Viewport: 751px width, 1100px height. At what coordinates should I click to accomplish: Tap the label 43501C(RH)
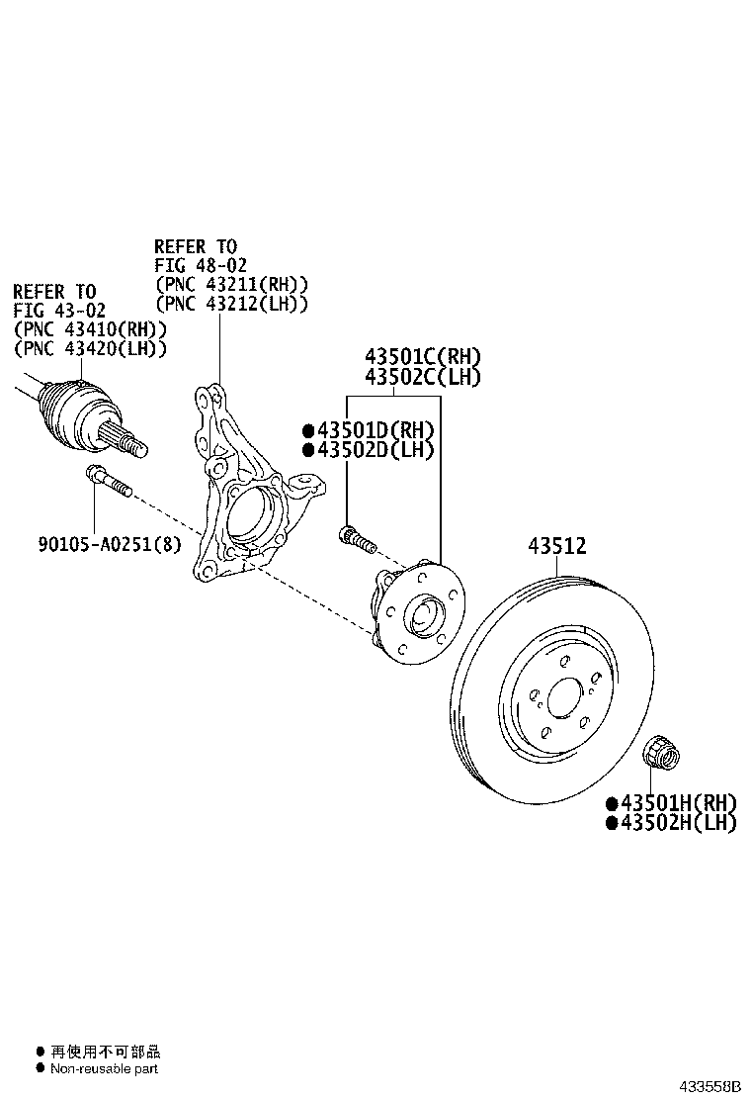pyautogui.click(x=422, y=356)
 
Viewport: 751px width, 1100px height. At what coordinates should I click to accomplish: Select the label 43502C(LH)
pyautogui.click(x=422, y=376)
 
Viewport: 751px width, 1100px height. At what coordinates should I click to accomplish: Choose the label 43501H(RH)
pyautogui.click(x=677, y=802)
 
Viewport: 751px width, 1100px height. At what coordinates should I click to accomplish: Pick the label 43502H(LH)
pyautogui.click(x=677, y=822)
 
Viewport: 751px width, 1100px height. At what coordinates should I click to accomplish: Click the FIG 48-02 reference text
pyautogui.click(x=196, y=265)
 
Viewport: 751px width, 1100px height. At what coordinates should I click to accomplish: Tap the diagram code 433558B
pyautogui.click(x=709, y=1086)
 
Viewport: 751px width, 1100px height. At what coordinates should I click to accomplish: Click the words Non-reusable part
pyautogui.click(x=104, y=1068)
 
